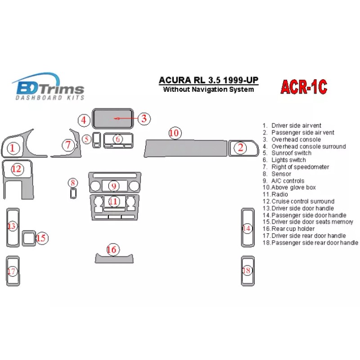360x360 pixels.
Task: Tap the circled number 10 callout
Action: [174, 133]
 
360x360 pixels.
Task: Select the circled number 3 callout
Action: [144, 118]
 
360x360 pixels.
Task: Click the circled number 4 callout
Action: [83, 120]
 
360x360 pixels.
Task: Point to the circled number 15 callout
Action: [41, 238]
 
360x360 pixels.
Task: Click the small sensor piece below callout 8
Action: [73, 193]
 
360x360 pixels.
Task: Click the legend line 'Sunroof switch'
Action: [288, 153]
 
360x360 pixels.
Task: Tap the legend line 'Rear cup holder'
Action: [293, 229]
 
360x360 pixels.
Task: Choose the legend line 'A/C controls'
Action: [288, 181]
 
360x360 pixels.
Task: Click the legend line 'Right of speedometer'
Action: [300, 167]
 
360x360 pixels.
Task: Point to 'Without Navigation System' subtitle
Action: [208, 90]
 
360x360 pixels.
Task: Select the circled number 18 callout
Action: [247, 270]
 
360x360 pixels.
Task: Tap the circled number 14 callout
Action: [247, 228]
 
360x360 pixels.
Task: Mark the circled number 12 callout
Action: [16, 169]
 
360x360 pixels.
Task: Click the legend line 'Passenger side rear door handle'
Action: [310, 243]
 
